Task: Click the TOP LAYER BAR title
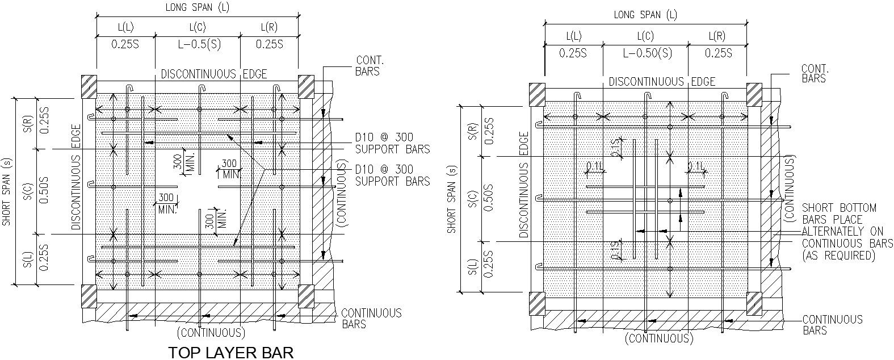(x=231, y=353)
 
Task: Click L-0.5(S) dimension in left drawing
(x=197, y=44)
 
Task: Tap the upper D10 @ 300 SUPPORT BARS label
(x=392, y=144)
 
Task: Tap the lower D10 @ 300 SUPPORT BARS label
(x=392, y=175)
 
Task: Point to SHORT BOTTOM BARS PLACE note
(x=839, y=214)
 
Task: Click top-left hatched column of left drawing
(x=89, y=86)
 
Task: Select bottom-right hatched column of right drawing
(x=754, y=303)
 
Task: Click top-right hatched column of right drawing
(x=754, y=94)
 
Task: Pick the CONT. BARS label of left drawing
(x=370, y=66)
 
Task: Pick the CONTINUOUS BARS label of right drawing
(x=832, y=325)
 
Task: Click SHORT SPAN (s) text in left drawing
(x=7, y=192)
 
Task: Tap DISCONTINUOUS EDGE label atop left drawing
(x=213, y=74)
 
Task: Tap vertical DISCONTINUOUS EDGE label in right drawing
(x=524, y=185)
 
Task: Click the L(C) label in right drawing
(x=645, y=36)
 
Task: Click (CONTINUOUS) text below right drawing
(x=659, y=339)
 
